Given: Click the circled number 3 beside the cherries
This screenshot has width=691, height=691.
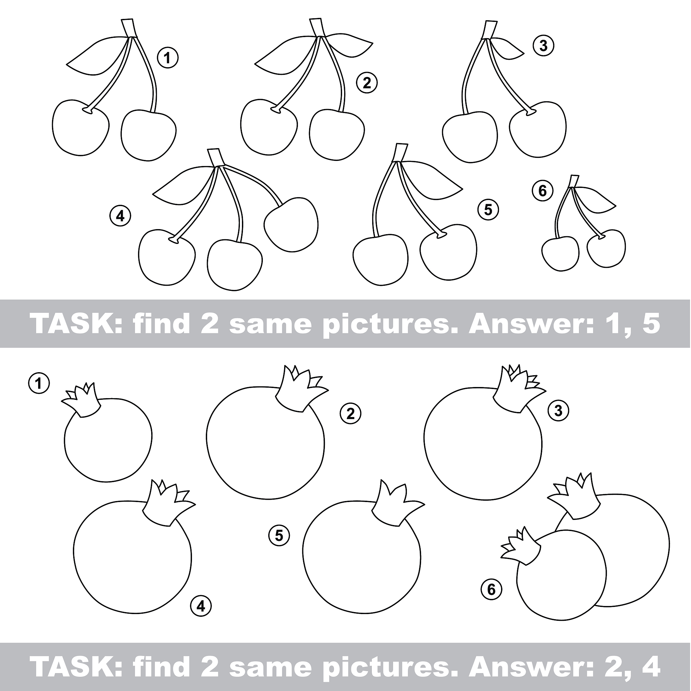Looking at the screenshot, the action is click(543, 46).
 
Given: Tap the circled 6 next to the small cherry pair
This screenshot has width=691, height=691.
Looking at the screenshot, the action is click(543, 191).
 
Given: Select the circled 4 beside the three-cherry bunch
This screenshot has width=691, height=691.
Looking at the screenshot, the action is click(120, 216).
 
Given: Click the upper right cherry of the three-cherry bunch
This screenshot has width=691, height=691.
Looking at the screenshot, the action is click(291, 225).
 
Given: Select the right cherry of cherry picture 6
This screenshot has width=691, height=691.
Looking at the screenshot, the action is click(606, 248).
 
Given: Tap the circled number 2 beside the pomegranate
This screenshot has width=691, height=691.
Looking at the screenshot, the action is click(351, 413).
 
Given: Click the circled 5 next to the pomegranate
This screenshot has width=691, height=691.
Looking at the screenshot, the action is click(279, 535).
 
